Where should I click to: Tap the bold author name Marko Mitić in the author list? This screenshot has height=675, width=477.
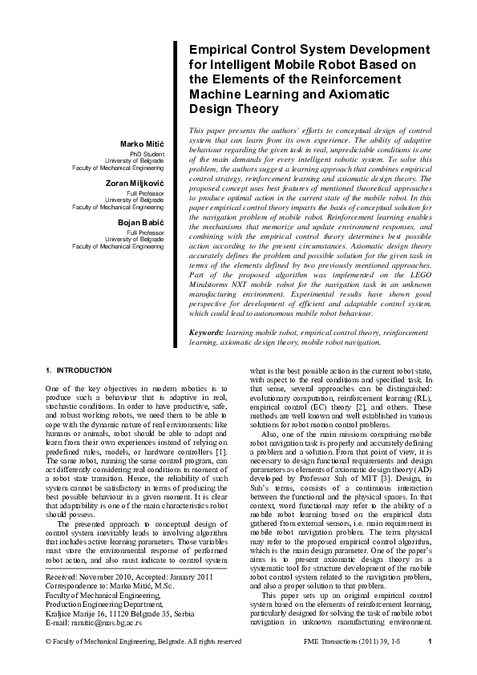(x=141, y=143)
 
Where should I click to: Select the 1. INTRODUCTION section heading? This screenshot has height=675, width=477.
(x=79, y=370)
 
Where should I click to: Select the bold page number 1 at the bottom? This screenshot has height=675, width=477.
(x=431, y=664)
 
